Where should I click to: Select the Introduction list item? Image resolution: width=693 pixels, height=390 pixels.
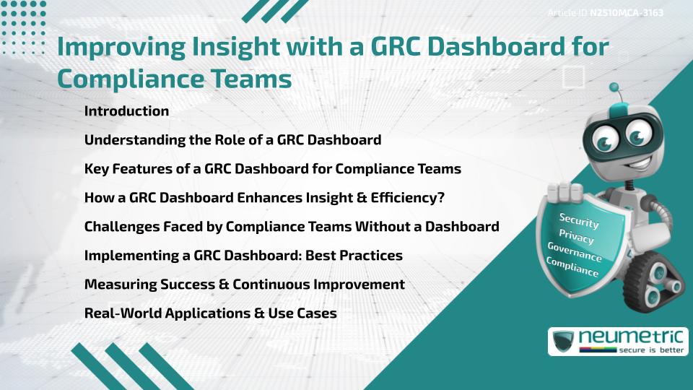126,111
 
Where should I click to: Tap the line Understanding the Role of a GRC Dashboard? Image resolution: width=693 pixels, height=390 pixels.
232,140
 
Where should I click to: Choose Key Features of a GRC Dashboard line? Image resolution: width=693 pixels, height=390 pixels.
272,169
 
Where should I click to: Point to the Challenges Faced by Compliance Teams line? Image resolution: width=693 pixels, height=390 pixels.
292,227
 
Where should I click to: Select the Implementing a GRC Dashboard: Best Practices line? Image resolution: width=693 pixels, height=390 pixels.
243,256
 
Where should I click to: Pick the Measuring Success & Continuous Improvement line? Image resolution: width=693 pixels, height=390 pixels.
244,285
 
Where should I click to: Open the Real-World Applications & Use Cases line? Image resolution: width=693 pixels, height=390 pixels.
210,313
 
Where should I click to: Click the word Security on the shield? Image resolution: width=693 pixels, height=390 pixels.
579,220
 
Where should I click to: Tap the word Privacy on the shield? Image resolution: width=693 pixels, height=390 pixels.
577,236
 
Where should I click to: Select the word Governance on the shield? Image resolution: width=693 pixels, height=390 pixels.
575,252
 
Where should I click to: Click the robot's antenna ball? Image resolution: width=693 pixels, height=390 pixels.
615,88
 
